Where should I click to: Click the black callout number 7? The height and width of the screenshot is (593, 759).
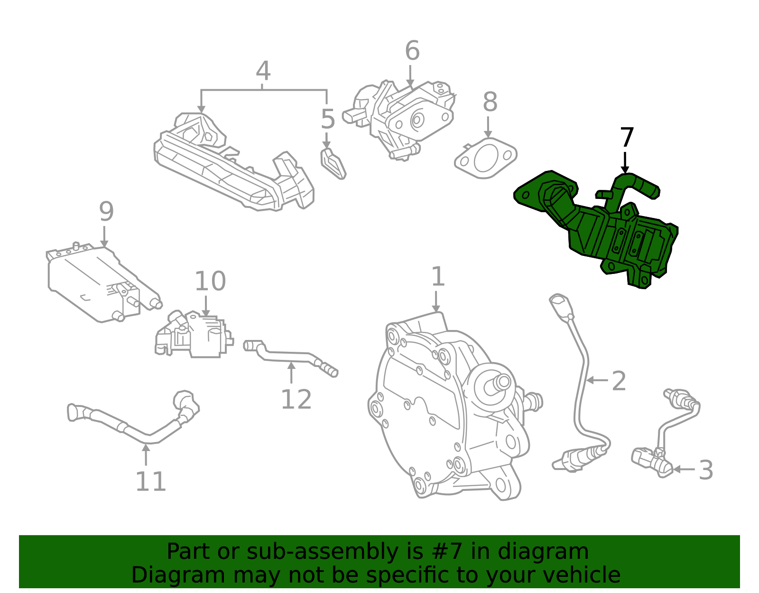(627, 138)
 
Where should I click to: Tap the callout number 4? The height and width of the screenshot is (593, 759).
(263, 71)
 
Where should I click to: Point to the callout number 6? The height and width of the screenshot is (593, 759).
(412, 51)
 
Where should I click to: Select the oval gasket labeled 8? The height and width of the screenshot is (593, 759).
(485, 158)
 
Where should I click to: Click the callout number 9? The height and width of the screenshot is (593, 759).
(106, 211)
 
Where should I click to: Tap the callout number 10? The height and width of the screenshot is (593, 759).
(210, 282)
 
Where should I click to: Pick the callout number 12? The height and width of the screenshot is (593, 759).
(296, 399)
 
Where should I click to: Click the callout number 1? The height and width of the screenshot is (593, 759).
(437, 277)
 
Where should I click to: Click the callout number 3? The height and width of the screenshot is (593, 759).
(706, 470)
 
